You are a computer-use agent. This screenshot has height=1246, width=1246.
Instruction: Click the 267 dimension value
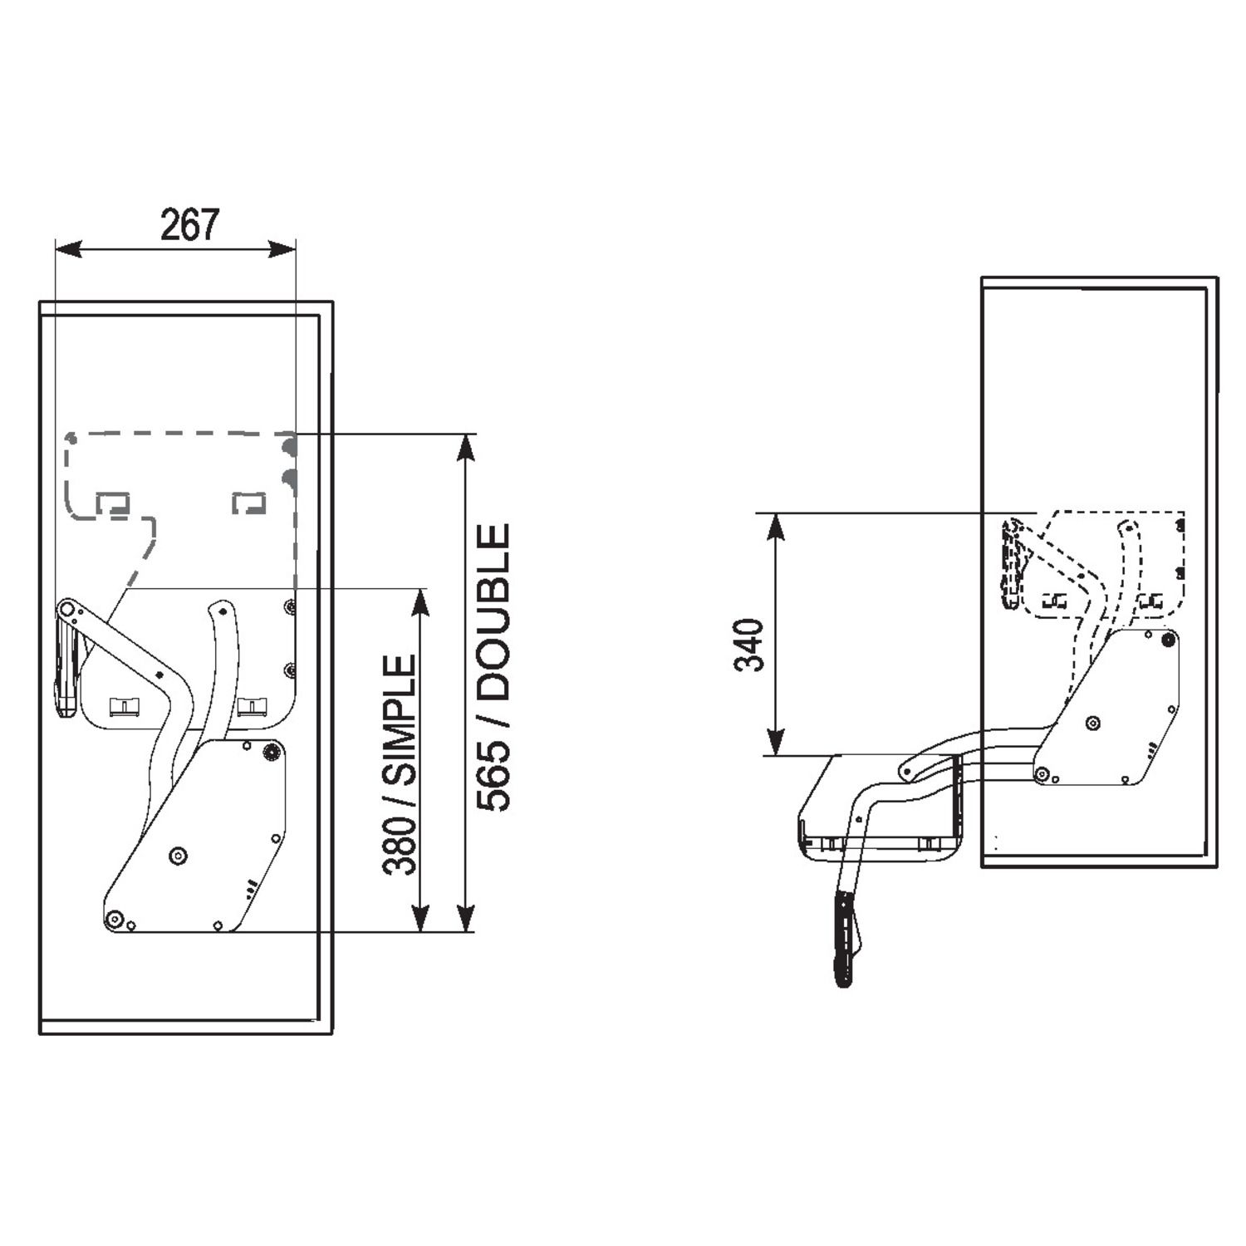189,224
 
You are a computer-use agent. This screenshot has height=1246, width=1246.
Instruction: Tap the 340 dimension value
750,645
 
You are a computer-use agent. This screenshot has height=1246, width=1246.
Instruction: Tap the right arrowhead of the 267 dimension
282,248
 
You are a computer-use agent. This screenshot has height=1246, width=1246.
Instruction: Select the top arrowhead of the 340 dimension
775,527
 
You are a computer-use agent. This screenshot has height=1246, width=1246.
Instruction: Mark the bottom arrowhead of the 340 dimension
775,742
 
